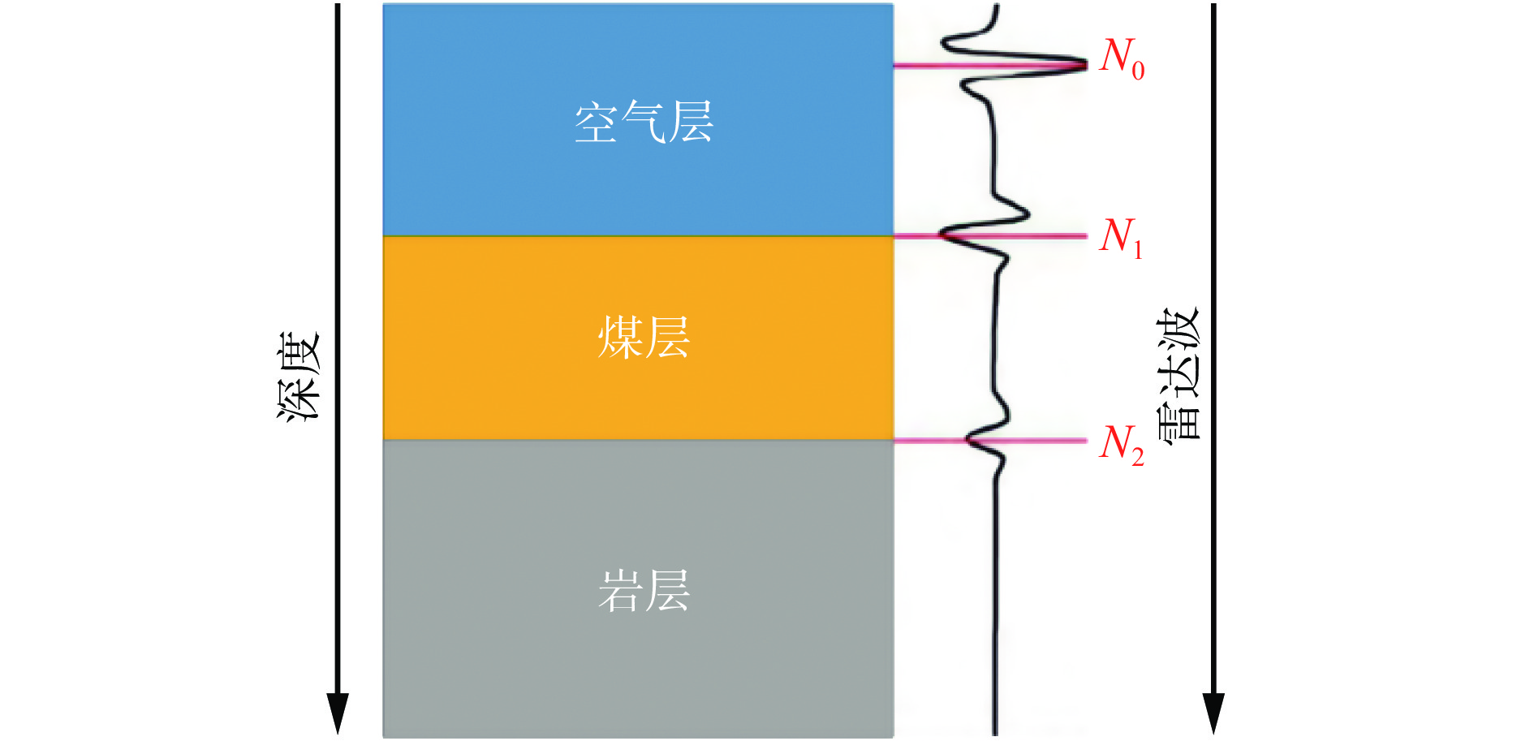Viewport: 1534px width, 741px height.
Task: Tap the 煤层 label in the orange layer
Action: (644, 338)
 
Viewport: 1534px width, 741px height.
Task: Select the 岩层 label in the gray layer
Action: (644, 590)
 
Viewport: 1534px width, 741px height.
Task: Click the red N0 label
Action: (1122, 58)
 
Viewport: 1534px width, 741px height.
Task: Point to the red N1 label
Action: (1122, 237)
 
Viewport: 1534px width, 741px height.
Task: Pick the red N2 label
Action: (1122, 445)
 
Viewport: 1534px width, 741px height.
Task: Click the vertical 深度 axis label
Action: (299, 376)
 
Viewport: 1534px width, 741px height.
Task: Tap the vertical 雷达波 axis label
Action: (1178, 375)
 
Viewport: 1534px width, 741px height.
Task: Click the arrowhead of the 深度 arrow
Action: (338, 714)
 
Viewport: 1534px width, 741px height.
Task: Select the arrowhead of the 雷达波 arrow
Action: (1213, 714)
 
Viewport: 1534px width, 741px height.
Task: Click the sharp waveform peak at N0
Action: (1084, 65)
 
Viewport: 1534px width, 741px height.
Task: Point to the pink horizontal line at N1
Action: (990, 236)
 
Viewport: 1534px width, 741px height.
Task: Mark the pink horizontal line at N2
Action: (990, 441)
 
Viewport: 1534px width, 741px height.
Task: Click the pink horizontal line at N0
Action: (990, 65)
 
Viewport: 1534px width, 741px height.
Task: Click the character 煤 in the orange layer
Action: (620, 338)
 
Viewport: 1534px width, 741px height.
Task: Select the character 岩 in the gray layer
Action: (620, 590)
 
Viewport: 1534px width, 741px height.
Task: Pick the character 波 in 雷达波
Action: (1178, 330)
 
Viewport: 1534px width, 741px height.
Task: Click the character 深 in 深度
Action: (299, 399)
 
